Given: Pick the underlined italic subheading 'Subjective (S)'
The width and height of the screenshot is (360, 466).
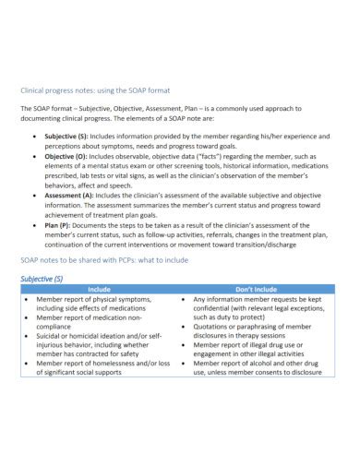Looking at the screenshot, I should (x=42, y=278).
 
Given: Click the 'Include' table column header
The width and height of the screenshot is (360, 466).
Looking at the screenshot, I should (x=99, y=289).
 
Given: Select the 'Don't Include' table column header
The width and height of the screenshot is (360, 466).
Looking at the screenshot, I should (x=257, y=289).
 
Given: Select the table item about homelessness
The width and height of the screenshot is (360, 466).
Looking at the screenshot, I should (x=102, y=363).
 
